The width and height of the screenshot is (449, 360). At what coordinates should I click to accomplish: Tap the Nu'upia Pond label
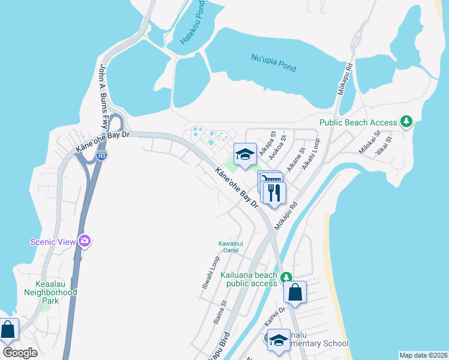click(x=273, y=62)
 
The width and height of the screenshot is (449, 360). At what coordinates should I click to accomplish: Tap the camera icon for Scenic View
click(x=84, y=241)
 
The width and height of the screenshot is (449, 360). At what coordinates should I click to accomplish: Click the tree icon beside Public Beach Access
click(x=407, y=122)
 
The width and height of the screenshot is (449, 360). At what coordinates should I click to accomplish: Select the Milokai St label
click(x=369, y=143)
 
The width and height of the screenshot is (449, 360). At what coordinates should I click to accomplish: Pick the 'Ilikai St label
click(x=382, y=148)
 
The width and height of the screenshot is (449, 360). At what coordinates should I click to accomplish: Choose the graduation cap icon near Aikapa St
click(x=244, y=155)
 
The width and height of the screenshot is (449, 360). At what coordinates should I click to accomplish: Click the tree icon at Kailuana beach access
click(x=287, y=277)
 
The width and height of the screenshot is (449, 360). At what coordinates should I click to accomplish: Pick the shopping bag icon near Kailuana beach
click(x=295, y=293)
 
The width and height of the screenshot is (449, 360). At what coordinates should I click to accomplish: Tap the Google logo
click(x=20, y=352)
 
